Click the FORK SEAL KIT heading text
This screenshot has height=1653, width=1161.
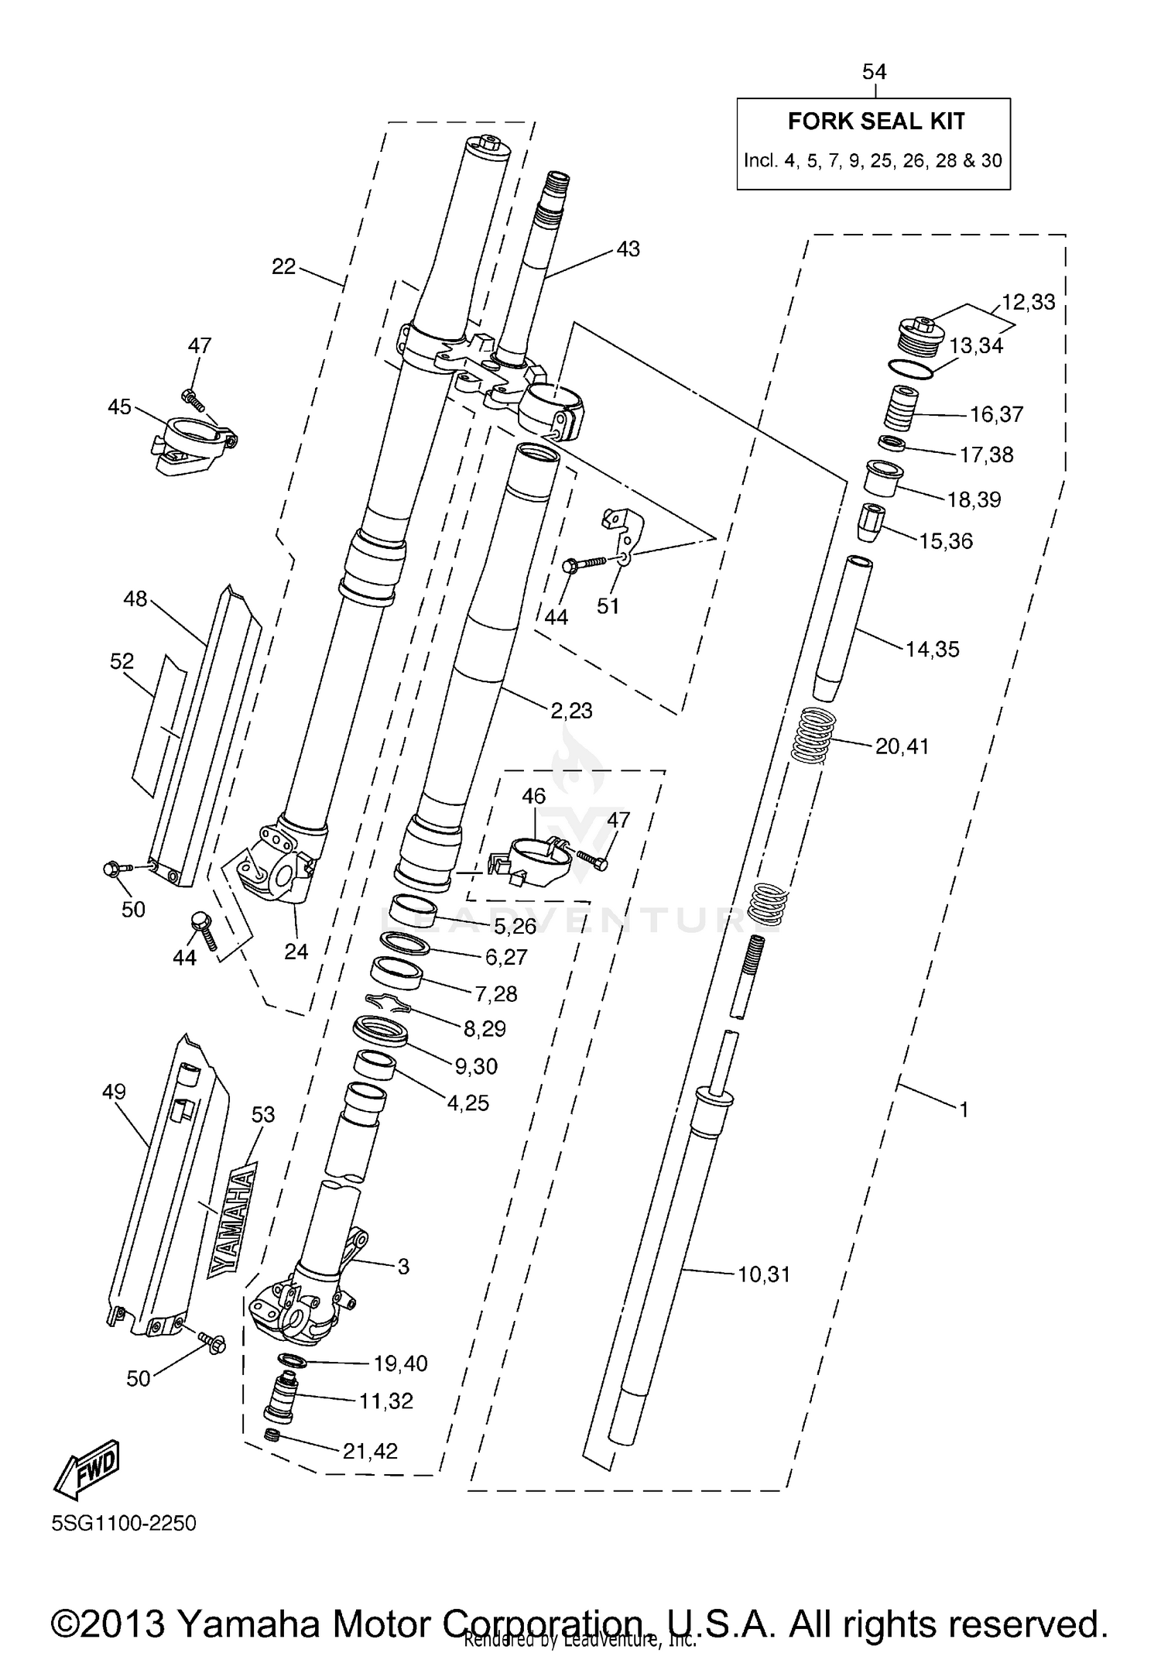tap(876, 122)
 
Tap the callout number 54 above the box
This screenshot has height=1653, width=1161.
tap(874, 72)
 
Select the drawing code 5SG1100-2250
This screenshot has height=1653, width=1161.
tap(124, 1524)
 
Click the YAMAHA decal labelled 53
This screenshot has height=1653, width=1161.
tap(231, 1224)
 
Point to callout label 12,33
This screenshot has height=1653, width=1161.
tap(1028, 302)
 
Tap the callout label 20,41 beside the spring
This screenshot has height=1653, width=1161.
tap(902, 746)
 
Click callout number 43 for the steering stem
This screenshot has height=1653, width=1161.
tap(628, 249)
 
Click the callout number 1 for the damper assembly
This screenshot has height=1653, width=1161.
tap(964, 1110)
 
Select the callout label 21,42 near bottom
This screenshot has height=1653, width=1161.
tap(370, 1452)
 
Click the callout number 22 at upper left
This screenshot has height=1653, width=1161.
tap(284, 267)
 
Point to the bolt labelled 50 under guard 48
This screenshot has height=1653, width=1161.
tap(113, 869)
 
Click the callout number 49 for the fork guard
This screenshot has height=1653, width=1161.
tap(114, 1092)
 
